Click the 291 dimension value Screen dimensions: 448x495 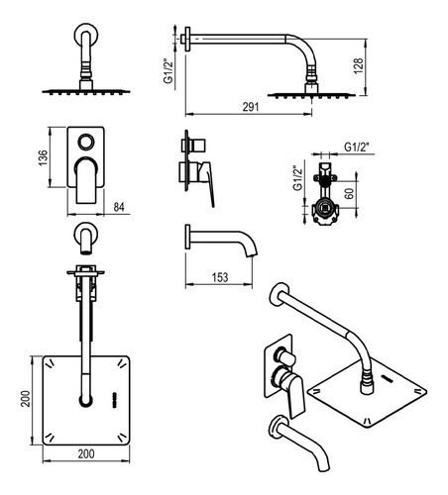point(251,107)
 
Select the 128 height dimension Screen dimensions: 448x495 point(358,66)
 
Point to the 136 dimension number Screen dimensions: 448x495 point(43,157)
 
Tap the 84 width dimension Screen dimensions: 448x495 point(119,207)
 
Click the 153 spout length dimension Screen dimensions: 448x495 point(220,277)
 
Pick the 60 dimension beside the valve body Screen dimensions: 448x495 point(349,193)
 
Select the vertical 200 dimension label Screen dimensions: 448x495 point(25,399)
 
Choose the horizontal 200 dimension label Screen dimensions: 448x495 point(86,454)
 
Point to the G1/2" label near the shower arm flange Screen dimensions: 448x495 point(168,71)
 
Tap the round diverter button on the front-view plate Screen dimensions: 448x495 point(85,143)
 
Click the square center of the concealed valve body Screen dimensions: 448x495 point(325,209)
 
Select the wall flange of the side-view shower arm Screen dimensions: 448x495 point(187,39)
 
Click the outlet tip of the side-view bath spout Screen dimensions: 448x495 point(252,254)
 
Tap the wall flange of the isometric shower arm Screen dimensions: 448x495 point(280,295)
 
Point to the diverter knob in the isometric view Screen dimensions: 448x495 point(286,357)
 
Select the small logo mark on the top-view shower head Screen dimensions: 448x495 point(115,400)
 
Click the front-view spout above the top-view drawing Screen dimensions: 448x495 point(85,239)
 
